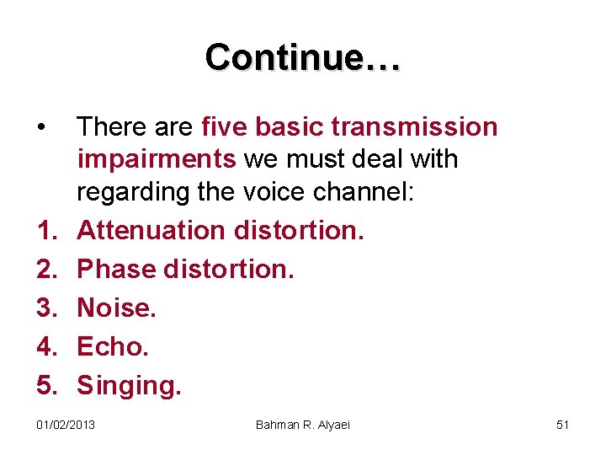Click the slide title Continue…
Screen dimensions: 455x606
tap(303, 57)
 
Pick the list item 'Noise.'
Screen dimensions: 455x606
tap(117, 308)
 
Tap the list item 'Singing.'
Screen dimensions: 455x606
tap(129, 386)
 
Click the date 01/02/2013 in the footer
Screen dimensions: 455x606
tap(66, 425)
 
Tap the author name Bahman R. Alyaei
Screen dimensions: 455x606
tap(302, 425)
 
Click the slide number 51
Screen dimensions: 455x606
tap(563, 425)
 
